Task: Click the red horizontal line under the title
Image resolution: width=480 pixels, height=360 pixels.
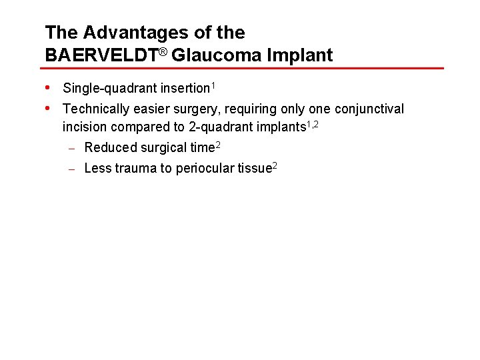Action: [244, 68]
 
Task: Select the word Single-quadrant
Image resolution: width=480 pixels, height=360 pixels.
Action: [109, 89]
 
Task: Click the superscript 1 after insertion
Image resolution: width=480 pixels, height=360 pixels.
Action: [213, 85]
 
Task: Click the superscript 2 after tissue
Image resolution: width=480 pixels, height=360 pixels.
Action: [273, 165]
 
